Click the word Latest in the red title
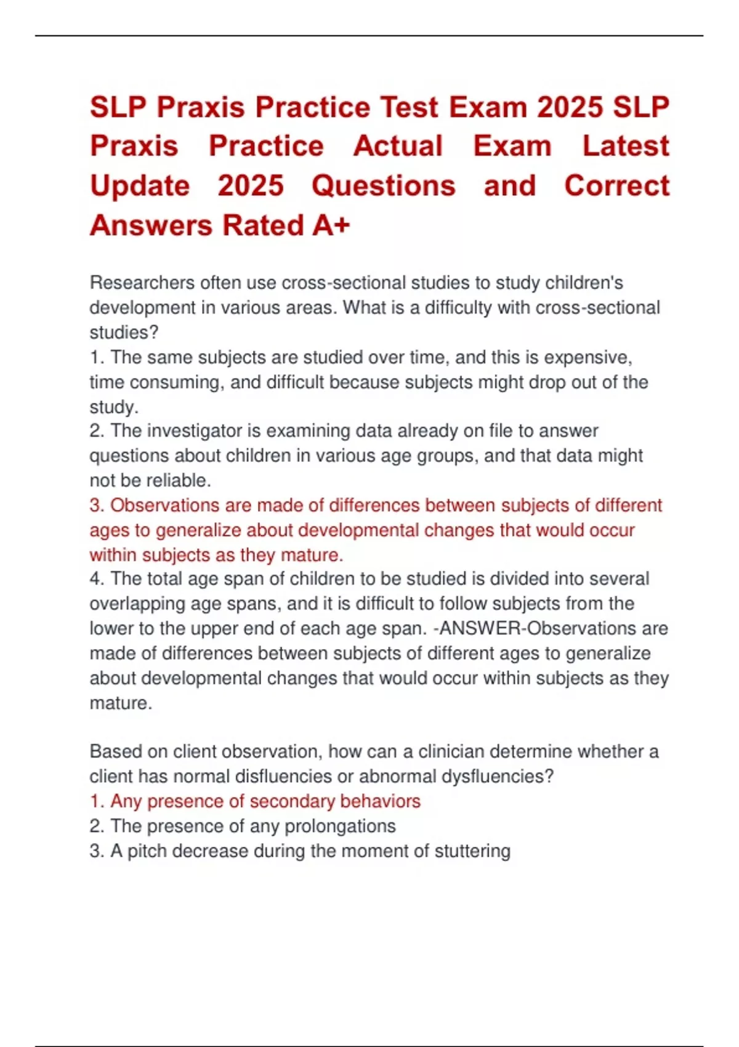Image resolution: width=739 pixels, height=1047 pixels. click(x=626, y=147)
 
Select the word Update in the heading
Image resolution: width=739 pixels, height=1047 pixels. click(x=140, y=186)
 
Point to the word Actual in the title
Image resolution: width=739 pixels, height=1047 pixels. click(x=398, y=147)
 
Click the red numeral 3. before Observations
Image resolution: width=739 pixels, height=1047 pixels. click(x=97, y=506)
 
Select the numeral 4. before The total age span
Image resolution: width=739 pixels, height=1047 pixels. click(x=97, y=579)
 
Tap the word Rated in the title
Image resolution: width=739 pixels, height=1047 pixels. click(x=264, y=225)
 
